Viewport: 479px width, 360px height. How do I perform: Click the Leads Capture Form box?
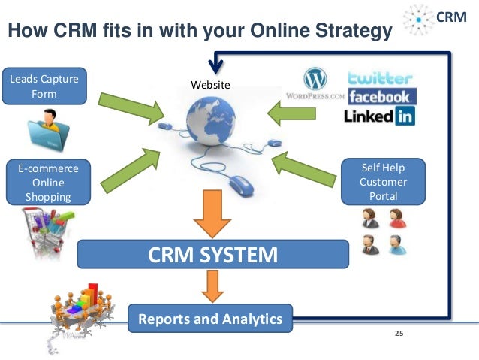(x=44, y=86)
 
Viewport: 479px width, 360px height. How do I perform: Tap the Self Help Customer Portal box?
(x=383, y=181)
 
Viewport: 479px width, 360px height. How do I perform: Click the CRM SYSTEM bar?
(x=213, y=254)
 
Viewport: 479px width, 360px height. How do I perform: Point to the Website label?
(x=210, y=86)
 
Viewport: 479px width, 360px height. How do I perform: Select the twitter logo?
(x=380, y=78)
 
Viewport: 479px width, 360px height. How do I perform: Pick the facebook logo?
(x=381, y=97)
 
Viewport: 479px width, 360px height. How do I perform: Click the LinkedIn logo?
(x=379, y=116)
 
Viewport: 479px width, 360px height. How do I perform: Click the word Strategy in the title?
(x=350, y=32)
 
